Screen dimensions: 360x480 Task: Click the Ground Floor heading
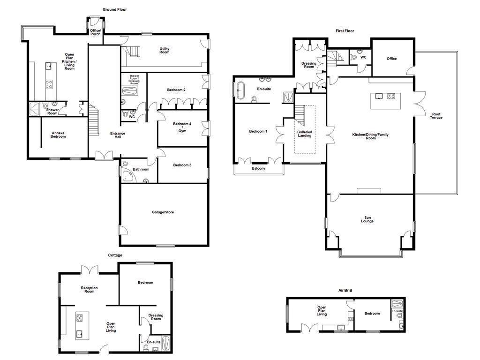point(114,9)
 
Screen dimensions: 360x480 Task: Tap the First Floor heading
point(345,31)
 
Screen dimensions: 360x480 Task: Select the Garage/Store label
point(163,212)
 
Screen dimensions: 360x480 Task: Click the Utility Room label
point(164,50)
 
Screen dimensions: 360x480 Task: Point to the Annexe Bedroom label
point(58,135)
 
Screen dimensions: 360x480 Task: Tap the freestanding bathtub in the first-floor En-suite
point(240,90)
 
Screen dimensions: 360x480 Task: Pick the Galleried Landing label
point(305,134)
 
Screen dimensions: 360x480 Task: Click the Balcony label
point(258,169)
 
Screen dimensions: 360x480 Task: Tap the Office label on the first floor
point(391,59)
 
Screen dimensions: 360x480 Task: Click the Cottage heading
point(115,255)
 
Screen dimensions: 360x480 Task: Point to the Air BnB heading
point(345,291)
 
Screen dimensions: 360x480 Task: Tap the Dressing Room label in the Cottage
point(156,317)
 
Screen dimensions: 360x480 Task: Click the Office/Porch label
point(95,32)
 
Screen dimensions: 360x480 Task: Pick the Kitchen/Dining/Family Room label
point(370,136)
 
